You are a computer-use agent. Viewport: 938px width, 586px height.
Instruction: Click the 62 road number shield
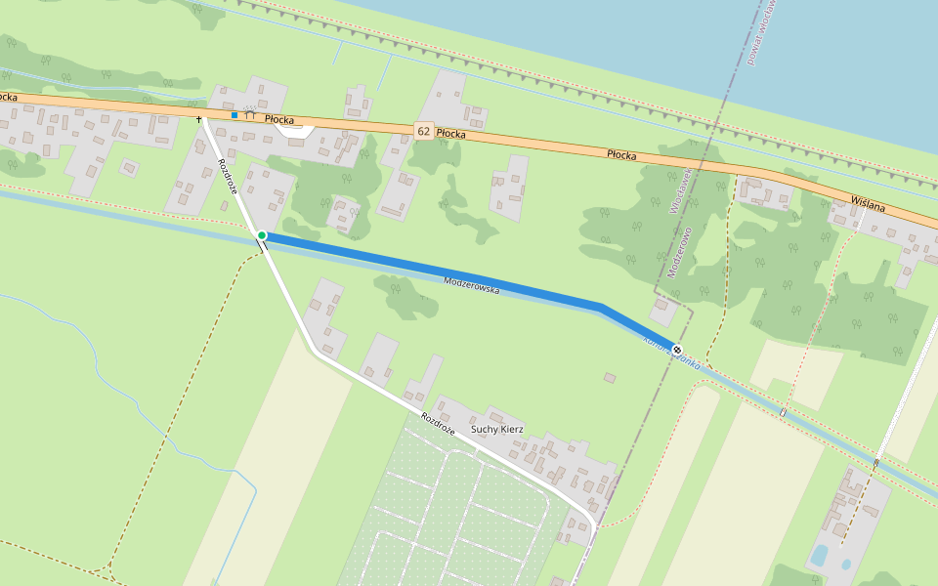(423, 130)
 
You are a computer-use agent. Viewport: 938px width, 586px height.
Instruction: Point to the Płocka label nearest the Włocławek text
(621, 153)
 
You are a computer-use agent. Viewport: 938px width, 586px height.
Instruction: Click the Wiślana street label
(867, 202)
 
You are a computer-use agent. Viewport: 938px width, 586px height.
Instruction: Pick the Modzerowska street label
(471, 285)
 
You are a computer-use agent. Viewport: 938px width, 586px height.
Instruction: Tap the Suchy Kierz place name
(497, 429)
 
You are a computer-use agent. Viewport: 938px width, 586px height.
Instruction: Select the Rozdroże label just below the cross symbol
(228, 176)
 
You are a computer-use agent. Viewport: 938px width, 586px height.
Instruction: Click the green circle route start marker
(262, 235)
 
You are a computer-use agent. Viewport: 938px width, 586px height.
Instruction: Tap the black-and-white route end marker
(676, 349)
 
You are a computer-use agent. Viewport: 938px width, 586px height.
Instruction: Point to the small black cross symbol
(199, 119)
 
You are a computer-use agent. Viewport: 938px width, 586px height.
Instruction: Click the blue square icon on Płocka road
(234, 115)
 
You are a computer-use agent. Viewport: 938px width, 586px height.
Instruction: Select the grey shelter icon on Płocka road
(249, 113)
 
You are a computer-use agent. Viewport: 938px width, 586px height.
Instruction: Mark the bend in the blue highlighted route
(600, 309)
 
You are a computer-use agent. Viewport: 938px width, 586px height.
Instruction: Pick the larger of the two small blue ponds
(819, 556)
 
